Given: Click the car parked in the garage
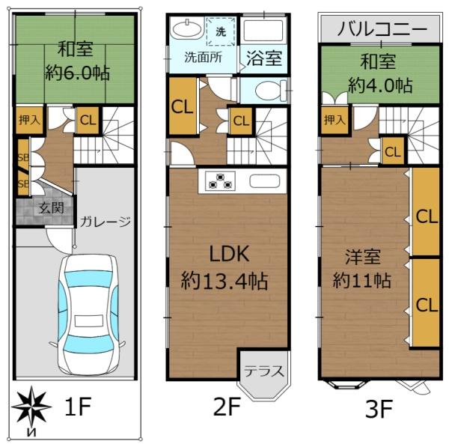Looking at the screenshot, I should [88, 314].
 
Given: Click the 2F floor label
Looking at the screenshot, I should [225, 408].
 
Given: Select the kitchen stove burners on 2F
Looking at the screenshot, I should [220, 181].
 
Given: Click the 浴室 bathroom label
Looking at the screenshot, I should [266, 58].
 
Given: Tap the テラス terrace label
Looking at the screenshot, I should [262, 369].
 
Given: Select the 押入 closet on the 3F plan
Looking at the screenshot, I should [334, 120].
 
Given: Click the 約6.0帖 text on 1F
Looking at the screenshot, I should [75, 74].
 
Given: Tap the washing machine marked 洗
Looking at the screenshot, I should [221, 32].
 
